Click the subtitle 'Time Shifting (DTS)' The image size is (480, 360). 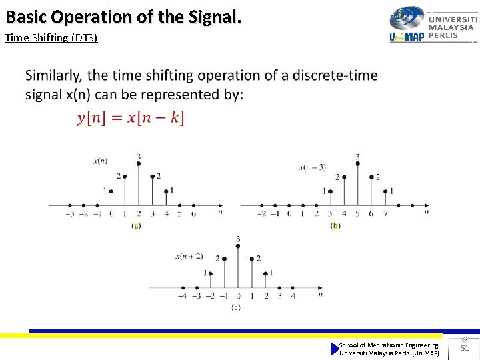pos(51,38)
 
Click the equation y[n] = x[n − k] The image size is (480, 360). pos(131,118)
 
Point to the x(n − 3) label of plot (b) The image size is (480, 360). pos(312,167)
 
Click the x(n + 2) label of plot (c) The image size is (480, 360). pos(189,256)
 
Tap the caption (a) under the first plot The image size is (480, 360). pos(136,226)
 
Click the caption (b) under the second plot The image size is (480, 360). pos(335,226)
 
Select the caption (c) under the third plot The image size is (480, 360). pos(235,307)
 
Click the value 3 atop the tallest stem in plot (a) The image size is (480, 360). pos(138,157)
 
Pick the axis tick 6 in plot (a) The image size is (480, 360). pos(193,214)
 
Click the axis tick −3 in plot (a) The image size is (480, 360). pos(69,214)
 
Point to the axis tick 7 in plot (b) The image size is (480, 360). pos(385,214)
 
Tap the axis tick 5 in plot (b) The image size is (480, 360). pos(357,214)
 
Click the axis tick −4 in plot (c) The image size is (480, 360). pos(183,296)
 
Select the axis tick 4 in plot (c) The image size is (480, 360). pos(293,296)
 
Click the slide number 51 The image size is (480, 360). pos(465,348)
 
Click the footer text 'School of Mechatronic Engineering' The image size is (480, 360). pos(389,345)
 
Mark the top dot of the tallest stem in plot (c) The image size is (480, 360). pos(238,247)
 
